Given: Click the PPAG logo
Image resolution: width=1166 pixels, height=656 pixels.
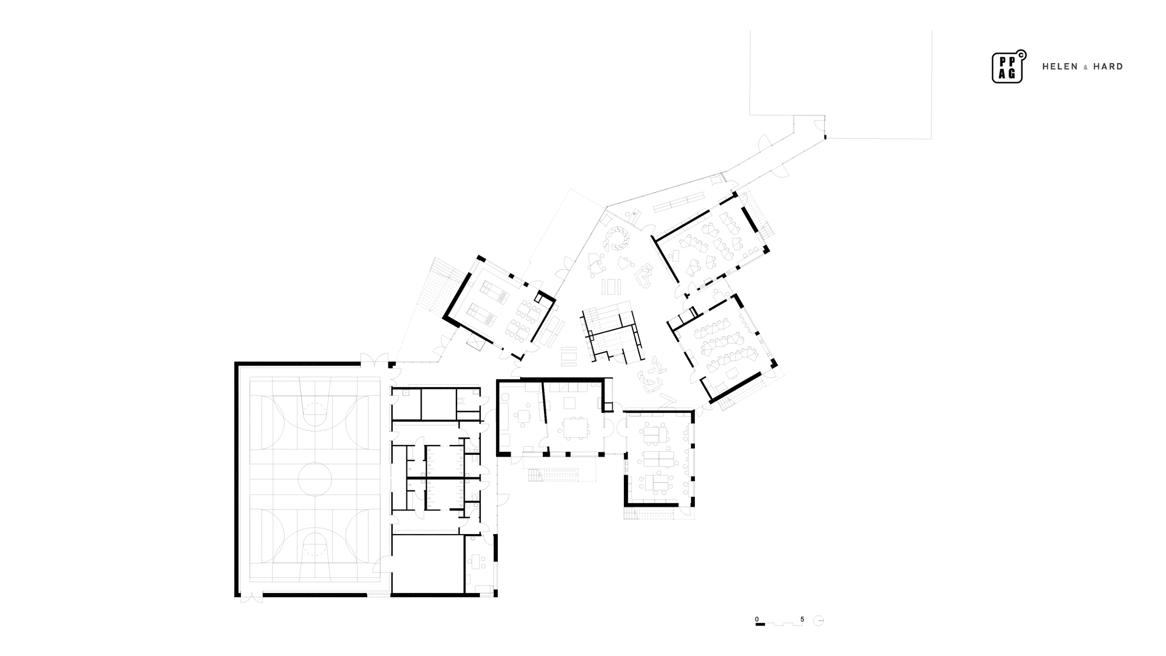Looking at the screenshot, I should coord(1008,67).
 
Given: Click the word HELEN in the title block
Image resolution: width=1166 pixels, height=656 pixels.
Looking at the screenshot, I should coord(1060,67).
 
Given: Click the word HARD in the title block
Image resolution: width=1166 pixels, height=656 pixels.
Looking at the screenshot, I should coord(1108,67).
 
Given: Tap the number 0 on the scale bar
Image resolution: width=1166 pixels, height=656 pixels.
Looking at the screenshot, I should coord(757,619).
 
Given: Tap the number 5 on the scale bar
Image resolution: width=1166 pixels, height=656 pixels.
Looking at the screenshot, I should coord(802,619).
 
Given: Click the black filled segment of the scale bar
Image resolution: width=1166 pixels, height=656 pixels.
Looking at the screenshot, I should coord(760,625).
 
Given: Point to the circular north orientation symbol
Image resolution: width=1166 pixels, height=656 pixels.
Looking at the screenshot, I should coord(819,620).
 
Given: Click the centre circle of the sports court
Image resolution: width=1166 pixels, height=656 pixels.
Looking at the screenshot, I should coord(315,479).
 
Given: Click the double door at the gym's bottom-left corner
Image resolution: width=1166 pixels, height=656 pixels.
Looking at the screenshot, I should coord(251,597).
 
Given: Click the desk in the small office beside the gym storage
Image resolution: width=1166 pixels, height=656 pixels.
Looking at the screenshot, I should coord(479,562).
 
